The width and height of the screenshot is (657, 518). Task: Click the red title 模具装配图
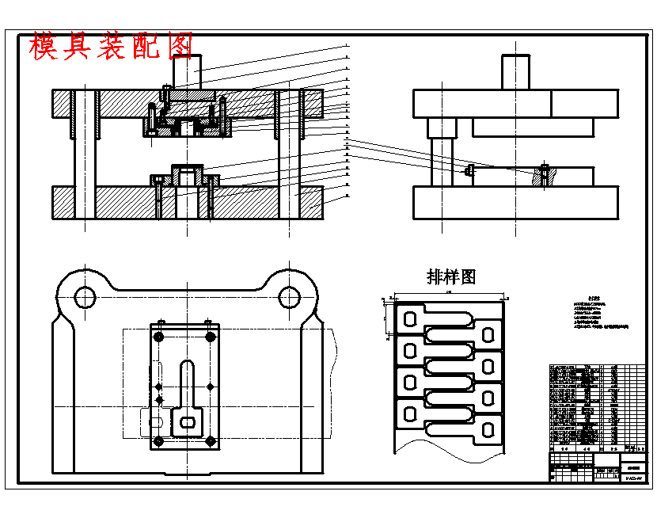pos(112,48)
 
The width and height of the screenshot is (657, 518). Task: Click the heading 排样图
pos(450,276)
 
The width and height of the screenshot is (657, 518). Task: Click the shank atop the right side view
pos(515,71)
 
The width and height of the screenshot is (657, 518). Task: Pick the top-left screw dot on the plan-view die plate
pos(159,337)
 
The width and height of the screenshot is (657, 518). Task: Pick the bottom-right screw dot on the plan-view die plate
pos(211,440)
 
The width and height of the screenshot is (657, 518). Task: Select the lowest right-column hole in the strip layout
pos(488,428)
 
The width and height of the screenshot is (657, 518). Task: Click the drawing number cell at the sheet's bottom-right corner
pos(633,478)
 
